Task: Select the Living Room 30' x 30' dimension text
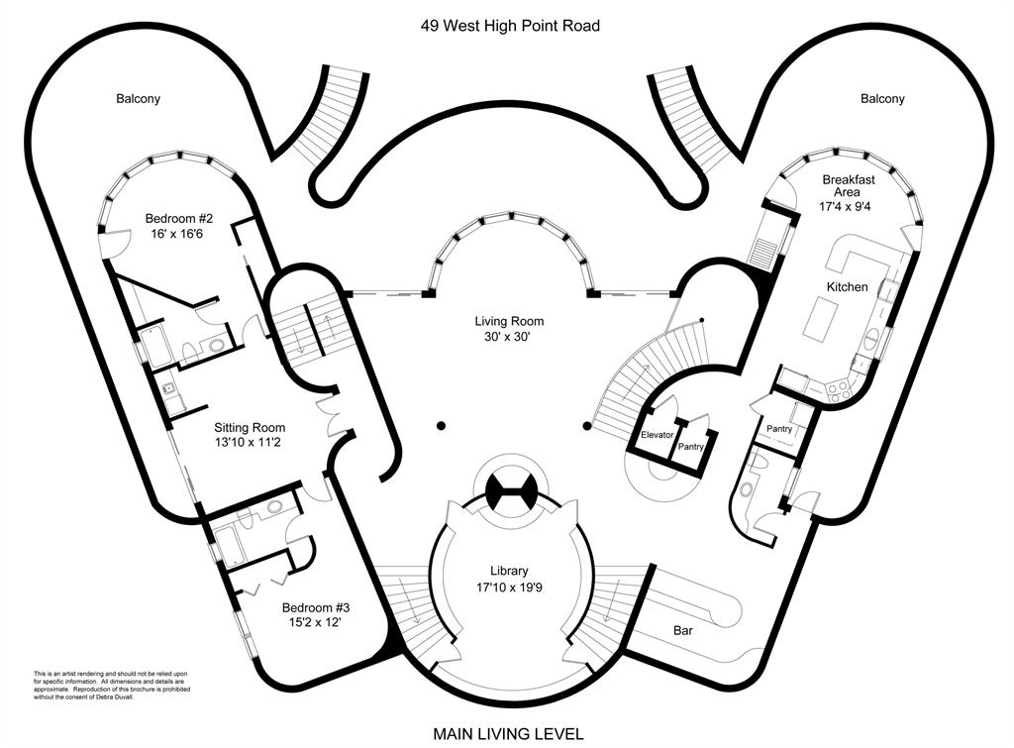pos(509,338)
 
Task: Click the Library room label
pos(509,571)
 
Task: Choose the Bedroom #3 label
pos(315,607)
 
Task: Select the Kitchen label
pos(848,287)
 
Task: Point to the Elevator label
pos(658,435)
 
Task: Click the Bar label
pos(681,629)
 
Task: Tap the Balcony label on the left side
pos(138,99)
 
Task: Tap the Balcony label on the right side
pos(882,99)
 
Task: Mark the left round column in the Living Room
pos(440,426)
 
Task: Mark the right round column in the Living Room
pos(587,426)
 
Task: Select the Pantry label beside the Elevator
pos(690,447)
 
